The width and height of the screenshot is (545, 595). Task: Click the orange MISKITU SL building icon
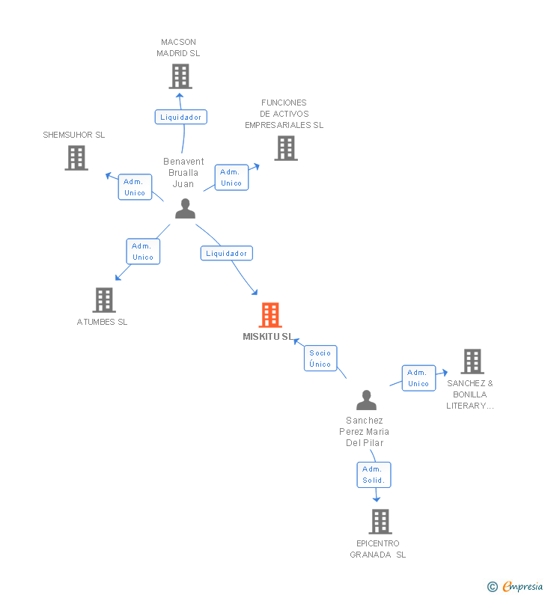[270, 315]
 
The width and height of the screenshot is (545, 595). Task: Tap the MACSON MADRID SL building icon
[180, 76]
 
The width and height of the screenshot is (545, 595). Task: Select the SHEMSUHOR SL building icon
[76, 158]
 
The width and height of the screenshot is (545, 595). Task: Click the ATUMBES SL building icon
[104, 300]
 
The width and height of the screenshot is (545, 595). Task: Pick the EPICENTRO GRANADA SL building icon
[380, 522]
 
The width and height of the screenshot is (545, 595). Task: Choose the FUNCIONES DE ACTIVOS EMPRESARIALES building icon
[285, 148]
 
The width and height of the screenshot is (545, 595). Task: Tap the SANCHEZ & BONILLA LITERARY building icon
[472, 361]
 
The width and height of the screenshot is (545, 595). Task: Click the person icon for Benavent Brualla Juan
[185, 209]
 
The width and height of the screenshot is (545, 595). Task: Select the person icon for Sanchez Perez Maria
[366, 400]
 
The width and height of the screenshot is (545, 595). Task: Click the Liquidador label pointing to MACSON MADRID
[180, 117]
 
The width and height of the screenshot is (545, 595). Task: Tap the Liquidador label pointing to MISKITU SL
[226, 253]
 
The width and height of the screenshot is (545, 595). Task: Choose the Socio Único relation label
[320, 358]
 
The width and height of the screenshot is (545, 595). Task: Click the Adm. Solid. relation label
[373, 475]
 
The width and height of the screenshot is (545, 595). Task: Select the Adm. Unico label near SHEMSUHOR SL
[135, 187]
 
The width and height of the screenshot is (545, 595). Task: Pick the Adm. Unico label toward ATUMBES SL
[142, 251]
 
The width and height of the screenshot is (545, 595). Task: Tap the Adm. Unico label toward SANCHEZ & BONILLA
[418, 378]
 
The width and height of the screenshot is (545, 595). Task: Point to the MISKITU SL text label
[268, 337]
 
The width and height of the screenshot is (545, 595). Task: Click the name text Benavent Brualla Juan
[183, 173]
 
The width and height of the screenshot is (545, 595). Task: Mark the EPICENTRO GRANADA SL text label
[378, 549]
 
